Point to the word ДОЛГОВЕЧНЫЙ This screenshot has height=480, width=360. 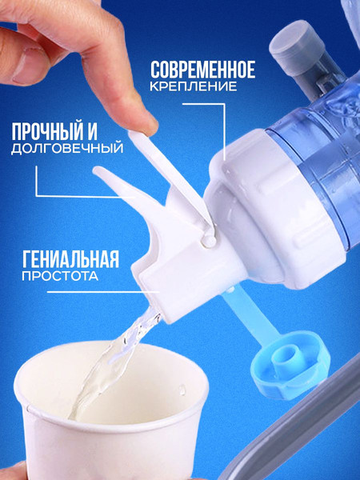point(67,148)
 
